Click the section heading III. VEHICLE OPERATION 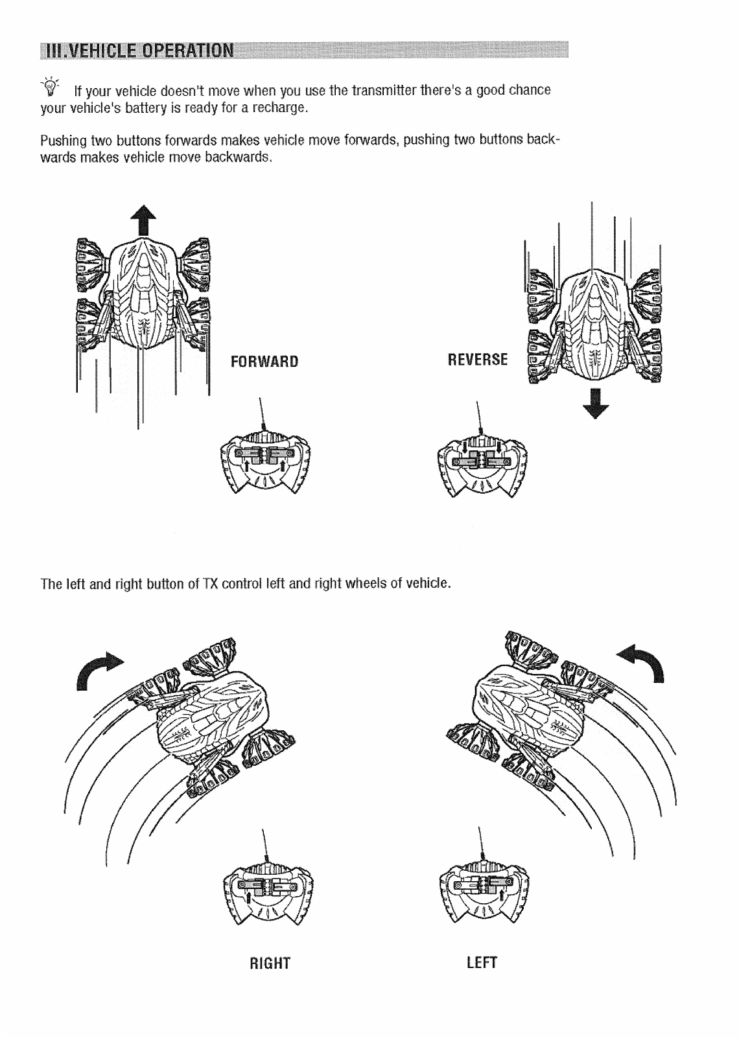tap(137, 51)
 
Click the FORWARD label tap(264, 362)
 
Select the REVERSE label tap(478, 360)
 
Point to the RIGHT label tap(270, 963)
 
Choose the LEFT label tap(482, 962)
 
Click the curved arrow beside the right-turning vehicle tap(99, 670)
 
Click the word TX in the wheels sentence tap(209, 583)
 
